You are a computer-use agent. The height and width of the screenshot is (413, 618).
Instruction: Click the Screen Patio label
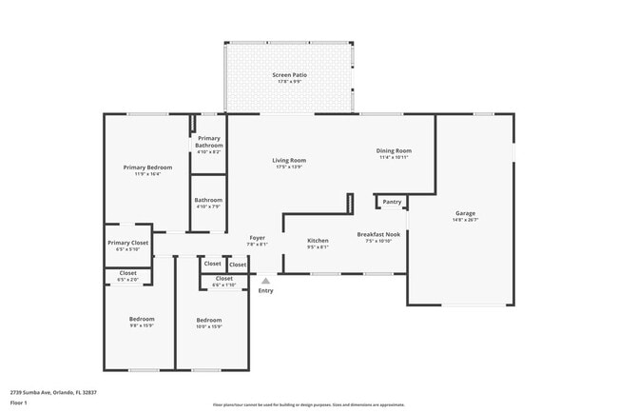coord(289,74)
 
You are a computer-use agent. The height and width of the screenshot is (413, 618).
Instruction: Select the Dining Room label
coord(394,150)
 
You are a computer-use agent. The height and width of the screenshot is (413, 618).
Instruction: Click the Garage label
coord(465,213)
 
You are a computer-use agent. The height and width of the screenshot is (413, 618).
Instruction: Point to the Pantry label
coord(392,201)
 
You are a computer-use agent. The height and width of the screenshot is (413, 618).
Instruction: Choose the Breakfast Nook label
coord(377,234)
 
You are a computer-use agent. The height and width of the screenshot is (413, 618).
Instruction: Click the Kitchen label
coord(318,241)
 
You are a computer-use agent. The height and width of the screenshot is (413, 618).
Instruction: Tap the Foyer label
coord(257,237)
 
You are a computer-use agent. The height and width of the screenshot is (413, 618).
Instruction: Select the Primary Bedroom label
coord(147,167)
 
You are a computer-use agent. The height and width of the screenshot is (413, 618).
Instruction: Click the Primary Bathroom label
coord(209,141)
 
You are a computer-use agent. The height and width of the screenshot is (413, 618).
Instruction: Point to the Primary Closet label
coord(127,243)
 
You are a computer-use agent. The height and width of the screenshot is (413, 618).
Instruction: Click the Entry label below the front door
coord(265,290)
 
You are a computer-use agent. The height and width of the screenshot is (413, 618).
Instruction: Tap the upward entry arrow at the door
coord(265,281)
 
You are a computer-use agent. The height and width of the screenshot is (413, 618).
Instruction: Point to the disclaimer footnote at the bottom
coord(308,403)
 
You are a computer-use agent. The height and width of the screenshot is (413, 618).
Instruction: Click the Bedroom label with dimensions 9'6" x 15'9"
coord(142,319)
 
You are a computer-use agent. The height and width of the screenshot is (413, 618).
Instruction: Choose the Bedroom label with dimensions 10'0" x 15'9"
coord(208,320)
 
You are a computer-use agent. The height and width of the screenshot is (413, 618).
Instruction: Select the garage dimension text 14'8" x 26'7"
coord(465,220)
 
